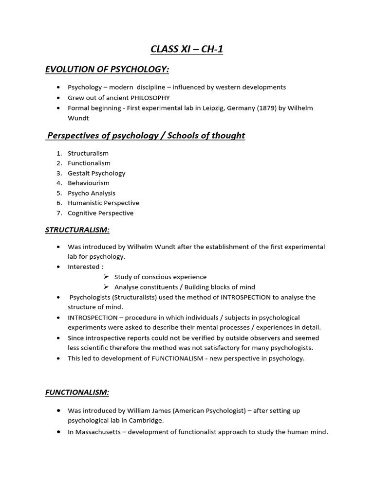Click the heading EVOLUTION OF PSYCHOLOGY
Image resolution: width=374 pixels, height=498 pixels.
pos(107,70)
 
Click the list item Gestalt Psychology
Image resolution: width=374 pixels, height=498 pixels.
pos(96,173)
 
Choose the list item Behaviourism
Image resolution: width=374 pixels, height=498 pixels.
pos(89,183)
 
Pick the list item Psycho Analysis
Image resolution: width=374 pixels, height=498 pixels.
pos(92,193)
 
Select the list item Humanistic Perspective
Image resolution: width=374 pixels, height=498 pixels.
pos(103,203)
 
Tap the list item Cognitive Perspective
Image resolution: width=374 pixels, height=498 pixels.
pos(100,213)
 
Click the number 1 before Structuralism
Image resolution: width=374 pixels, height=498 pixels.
pos(59,153)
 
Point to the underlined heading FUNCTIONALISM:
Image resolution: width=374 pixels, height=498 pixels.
pos(77,392)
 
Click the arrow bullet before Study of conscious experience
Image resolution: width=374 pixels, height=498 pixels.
pos(106,277)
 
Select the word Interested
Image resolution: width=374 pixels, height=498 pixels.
pos(84,267)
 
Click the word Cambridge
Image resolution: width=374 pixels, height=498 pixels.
pos(146,421)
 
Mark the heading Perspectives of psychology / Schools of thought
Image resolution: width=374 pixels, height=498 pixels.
pos(145,136)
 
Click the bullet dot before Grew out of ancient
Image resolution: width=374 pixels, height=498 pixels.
pos(59,98)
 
